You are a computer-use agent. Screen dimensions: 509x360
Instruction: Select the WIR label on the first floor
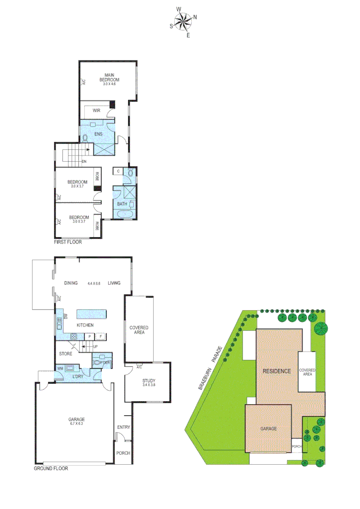click(x=96, y=111)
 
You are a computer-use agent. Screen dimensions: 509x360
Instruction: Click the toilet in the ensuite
click(x=85, y=138)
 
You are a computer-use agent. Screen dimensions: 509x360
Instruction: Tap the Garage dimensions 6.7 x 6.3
click(x=76, y=424)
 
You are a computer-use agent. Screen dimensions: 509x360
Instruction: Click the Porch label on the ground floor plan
click(x=123, y=453)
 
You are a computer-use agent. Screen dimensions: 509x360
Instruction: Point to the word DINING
click(x=71, y=283)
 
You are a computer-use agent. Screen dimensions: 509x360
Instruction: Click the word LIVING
click(x=114, y=283)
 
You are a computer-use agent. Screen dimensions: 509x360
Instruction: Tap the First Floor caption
click(x=68, y=242)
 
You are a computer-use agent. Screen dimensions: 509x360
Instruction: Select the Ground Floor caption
click(x=51, y=468)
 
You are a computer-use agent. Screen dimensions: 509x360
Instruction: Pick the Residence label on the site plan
click(x=277, y=371)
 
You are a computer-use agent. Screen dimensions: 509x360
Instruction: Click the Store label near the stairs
click(x=65, y=353)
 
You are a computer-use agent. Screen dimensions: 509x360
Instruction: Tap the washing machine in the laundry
click(x=70, y=369)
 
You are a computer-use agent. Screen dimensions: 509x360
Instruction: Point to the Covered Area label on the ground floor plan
click(x=139, y=330)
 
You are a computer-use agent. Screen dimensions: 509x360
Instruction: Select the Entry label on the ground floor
click(x=123, y=427)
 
